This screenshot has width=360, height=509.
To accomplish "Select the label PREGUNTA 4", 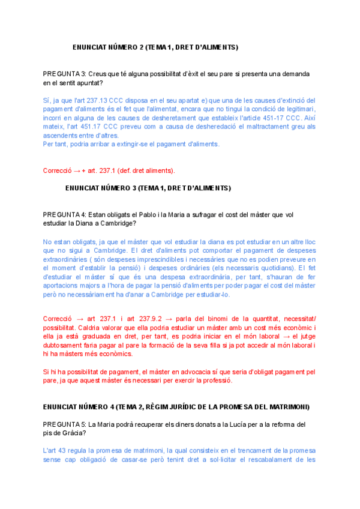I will [65, 214].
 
